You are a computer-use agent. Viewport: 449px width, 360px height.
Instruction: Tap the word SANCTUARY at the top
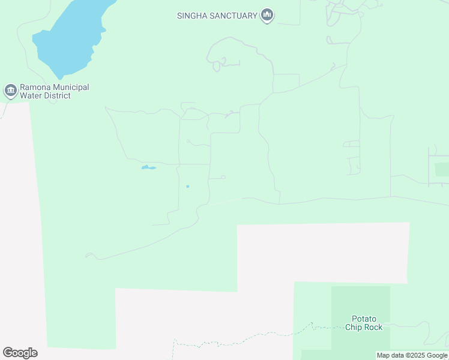click(233, 16)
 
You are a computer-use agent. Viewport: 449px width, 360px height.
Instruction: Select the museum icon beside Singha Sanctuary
click(267, 16)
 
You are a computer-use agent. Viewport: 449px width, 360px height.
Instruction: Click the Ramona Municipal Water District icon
click(10, 91)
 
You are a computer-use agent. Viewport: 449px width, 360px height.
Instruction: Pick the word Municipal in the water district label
click(71, 88)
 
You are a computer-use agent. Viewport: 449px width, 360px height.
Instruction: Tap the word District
click(57, 96)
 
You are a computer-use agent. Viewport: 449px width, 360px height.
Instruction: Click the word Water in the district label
click(31, 96)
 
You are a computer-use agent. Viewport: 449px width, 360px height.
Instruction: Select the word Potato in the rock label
click(364, 319)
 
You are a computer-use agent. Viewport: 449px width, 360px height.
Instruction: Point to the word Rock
click(373, 327)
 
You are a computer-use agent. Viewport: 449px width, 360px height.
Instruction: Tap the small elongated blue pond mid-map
click(149, 167)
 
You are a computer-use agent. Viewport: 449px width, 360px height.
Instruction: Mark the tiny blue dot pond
click(187, 187)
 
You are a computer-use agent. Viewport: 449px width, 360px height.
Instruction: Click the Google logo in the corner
click(20, 353)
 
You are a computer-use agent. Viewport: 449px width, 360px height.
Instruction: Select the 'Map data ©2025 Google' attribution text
click(412, 356)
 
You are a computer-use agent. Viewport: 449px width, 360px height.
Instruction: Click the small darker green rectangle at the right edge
click(442, 169)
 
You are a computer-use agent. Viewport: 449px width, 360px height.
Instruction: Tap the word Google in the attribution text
click(436, 356)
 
